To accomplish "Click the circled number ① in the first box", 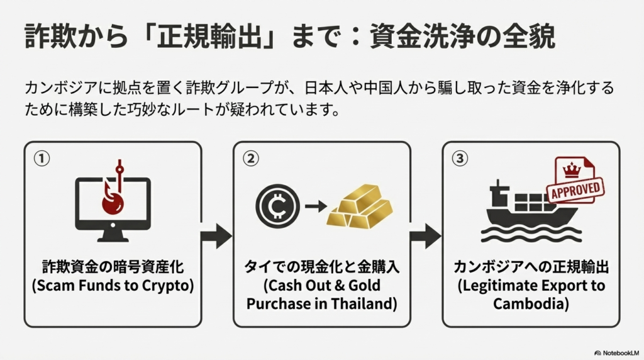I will pos(42,159).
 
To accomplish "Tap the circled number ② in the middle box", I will pos(250,159).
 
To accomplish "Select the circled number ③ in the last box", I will pos(460,159).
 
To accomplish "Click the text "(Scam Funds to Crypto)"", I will pos(113,284).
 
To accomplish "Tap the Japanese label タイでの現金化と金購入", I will pos(321,266).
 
